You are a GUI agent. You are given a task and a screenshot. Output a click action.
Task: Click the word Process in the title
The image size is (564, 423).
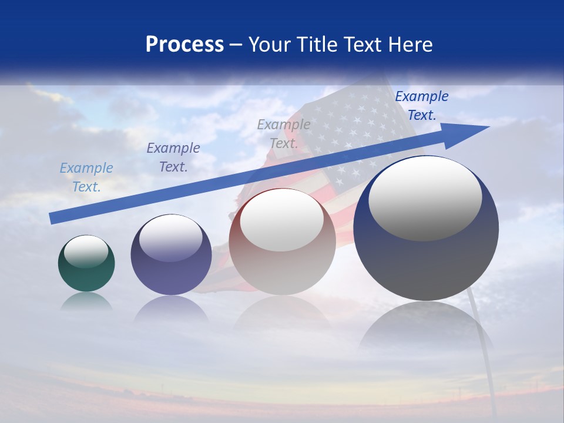(x=184, y=45)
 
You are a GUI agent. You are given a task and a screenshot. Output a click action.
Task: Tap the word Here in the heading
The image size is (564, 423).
(x=409, y=45)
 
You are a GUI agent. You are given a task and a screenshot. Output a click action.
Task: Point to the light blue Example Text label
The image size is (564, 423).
(x=86, y=177)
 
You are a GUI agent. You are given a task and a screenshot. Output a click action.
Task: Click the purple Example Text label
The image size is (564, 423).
(x=173, y=157)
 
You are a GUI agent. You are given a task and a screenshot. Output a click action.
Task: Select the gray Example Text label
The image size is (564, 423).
(x=284, y=134)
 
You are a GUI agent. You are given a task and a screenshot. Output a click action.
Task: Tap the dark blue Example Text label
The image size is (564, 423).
(x=422, y=106)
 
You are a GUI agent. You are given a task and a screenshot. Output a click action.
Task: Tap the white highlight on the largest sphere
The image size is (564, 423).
(x=425, y=197)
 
